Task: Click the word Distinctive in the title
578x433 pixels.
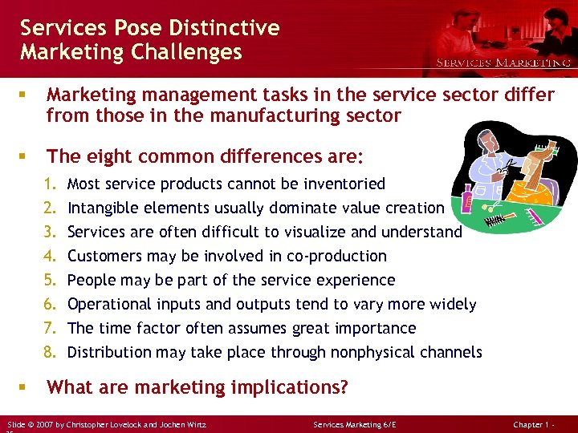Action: tap(225, 28)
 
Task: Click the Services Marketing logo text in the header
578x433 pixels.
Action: tap(503, 63)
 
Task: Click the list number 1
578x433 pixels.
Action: tap(51, 184)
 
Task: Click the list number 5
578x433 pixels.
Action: tap(51, 280)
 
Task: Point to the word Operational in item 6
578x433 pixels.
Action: tap(109, 304)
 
